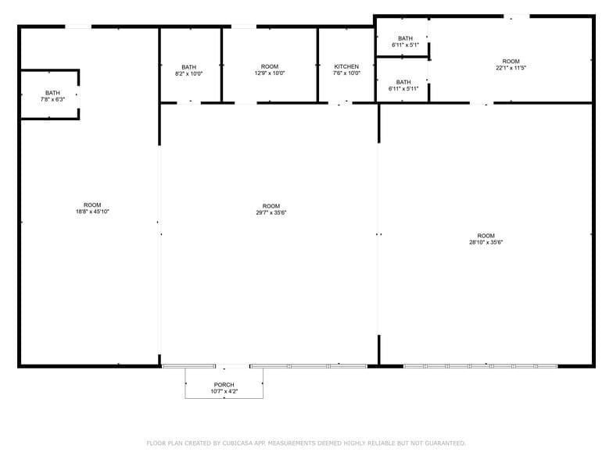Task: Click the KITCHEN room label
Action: [346, 66]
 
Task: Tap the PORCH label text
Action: [224, 385]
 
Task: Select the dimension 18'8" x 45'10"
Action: [91, 212]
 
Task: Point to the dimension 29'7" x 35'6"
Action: [271, 213]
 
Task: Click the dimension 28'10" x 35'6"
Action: [486, 243]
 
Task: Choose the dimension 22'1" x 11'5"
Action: [511, 68]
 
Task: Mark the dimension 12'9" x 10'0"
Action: [270, 73]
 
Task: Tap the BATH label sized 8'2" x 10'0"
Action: [188, 67]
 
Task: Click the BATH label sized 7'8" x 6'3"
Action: [52, 93]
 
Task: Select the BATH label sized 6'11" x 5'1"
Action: [405, 38]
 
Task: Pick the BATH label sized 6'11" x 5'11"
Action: [403, 82]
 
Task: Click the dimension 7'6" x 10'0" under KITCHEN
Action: [346, 73]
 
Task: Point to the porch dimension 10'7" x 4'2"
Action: [224, 392]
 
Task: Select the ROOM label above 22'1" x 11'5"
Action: [511, 61]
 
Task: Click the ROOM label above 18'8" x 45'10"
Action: [92, 205]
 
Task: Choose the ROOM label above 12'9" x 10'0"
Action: [270, 66]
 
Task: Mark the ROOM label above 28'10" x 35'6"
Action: [486, 236]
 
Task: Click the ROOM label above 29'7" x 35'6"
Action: [271, 206]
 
